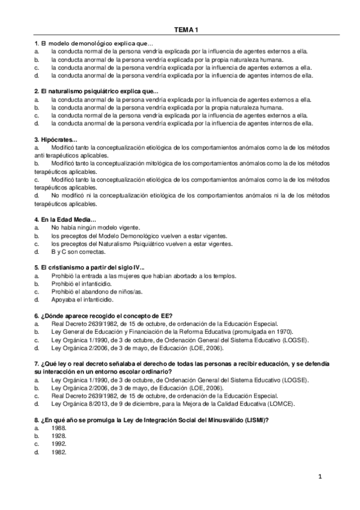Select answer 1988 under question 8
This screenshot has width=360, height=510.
coord(59,428)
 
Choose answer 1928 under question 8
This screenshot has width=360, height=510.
coord(59,435)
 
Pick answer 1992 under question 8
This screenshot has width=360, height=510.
coord(59,444)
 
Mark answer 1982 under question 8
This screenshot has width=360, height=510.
coord(59,452)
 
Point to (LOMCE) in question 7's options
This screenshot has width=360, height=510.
coord(281,404)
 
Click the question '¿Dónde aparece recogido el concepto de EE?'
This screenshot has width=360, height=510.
coord(103,315)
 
